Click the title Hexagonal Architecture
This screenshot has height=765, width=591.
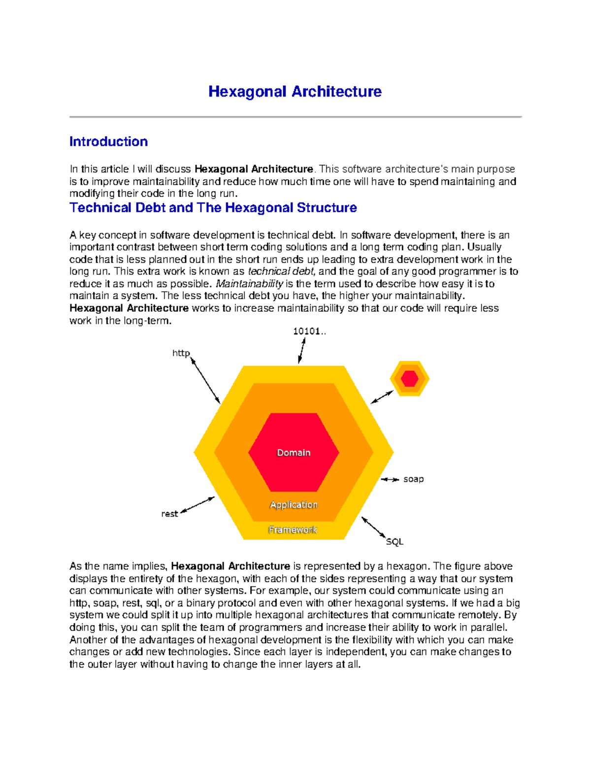click(x=295, y=92)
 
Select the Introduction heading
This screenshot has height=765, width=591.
click(x=108, y=142)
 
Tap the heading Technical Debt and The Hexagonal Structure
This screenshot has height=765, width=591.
click(x=213, y=208)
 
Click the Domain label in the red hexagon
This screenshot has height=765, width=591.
click(x=294, y=453)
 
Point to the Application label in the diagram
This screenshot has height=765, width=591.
click(x=294, y=505)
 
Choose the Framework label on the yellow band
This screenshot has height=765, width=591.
click(x=293, y=530)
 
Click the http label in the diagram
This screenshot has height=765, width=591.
click(x=181, y=353)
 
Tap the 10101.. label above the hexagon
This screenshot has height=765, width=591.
click(x=309, y=332)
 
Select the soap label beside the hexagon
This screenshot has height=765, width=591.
click(x=413, y=479)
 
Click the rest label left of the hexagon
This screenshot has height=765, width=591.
click(x=169, y=514)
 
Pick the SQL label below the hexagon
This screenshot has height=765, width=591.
click(x=394, y=542)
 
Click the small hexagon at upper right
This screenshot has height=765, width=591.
click(x=410, y=379)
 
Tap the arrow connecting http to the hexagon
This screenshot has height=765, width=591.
click(x=205, y=381)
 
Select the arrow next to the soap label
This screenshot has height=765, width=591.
click(x=390, y=479)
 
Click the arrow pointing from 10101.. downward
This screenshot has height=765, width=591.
click(x=302, y=350)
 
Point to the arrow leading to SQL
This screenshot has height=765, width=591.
click(x=374, y=528)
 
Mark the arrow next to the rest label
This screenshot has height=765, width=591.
click(x=197, y=505)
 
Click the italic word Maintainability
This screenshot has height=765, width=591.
click(x=249, y=284)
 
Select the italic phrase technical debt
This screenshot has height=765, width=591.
click(x=282, y=271)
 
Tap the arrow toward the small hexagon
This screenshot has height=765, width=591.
click(x=382, y=397)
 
